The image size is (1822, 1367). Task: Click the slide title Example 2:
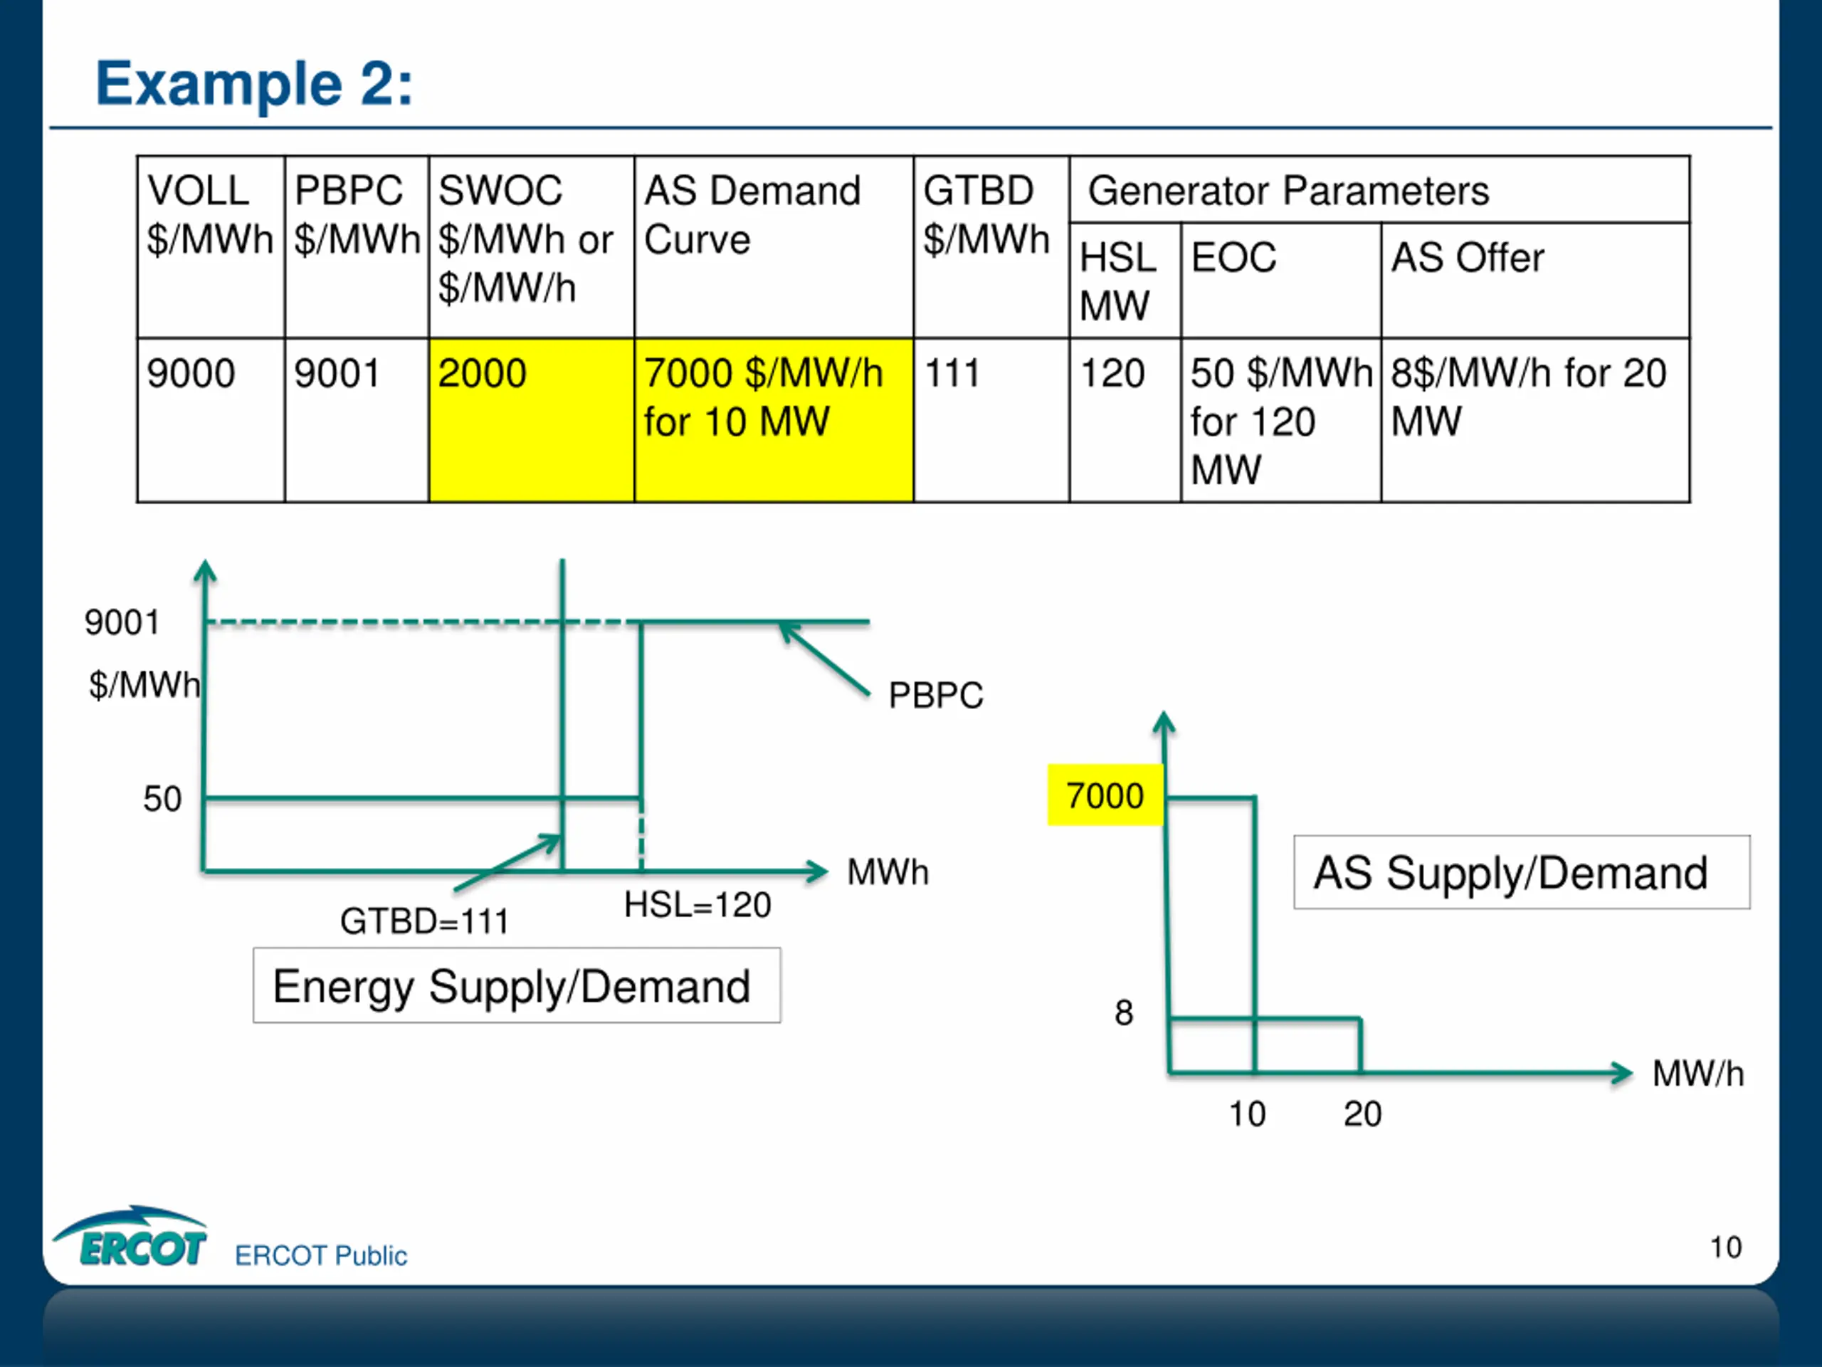pos(253,84)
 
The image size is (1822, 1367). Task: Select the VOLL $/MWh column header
pos(211,246)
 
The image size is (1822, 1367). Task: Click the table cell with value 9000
pos(211,419)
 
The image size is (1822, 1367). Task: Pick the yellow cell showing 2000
pos(531,419)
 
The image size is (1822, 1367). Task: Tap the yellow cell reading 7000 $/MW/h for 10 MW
pos(774,419)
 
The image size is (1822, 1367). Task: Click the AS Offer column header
pos(1534,280)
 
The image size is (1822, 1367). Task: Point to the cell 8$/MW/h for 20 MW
pos(1534,419)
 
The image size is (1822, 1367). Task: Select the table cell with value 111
pos(991,419)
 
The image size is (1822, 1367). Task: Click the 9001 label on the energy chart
pos(122,622)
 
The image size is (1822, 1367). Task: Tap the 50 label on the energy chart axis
pos(162,798)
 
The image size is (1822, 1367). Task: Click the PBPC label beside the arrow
pos(936,696)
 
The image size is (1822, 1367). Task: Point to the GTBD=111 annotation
pos(424,921)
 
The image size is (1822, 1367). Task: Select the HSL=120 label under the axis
pos(697,905)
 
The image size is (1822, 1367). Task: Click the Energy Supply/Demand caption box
pos(517,985)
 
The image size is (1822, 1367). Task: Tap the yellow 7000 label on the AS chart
pos(1105,795)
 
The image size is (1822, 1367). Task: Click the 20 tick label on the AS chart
pos(1362,1114)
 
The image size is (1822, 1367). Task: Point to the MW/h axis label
pos(1698,1074)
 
